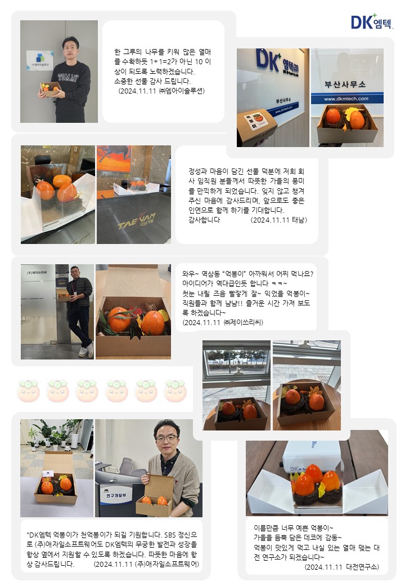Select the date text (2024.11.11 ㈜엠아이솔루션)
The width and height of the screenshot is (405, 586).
161,90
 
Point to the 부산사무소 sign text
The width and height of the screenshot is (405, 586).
346,85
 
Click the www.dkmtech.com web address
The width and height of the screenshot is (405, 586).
346,99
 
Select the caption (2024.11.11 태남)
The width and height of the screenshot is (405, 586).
278,220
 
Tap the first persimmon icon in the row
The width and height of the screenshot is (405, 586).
28,390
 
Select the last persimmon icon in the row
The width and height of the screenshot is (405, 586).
175,390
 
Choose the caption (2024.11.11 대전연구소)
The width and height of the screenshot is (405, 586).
341,567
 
